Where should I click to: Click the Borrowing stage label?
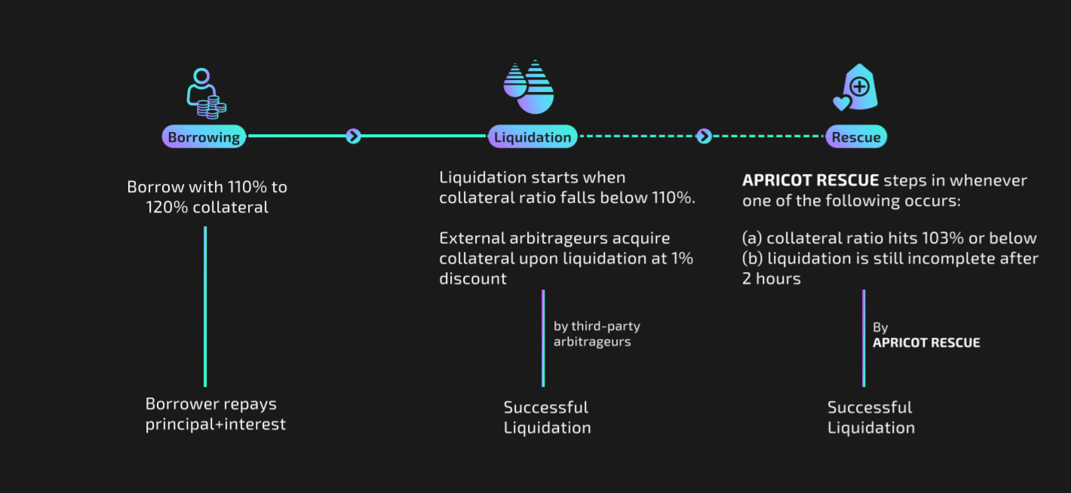point(204,137)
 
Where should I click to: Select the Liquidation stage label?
point(532,137)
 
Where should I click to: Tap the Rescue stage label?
point(856,137)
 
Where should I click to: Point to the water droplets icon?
point(529,87)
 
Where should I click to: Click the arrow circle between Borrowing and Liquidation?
point(354,136)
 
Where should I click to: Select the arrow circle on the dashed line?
point(704,136)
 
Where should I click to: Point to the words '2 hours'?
point(772,279)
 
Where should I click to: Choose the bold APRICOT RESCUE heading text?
point(811,181)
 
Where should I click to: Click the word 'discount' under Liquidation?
point(473,279)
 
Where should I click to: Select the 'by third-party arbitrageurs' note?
point(596,334)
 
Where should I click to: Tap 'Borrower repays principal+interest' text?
point(215,414)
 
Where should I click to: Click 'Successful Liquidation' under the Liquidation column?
point(547,418)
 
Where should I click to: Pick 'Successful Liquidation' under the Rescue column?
point(870,418)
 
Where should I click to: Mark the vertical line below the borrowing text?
point(205,305)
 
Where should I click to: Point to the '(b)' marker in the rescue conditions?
point(753,259)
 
